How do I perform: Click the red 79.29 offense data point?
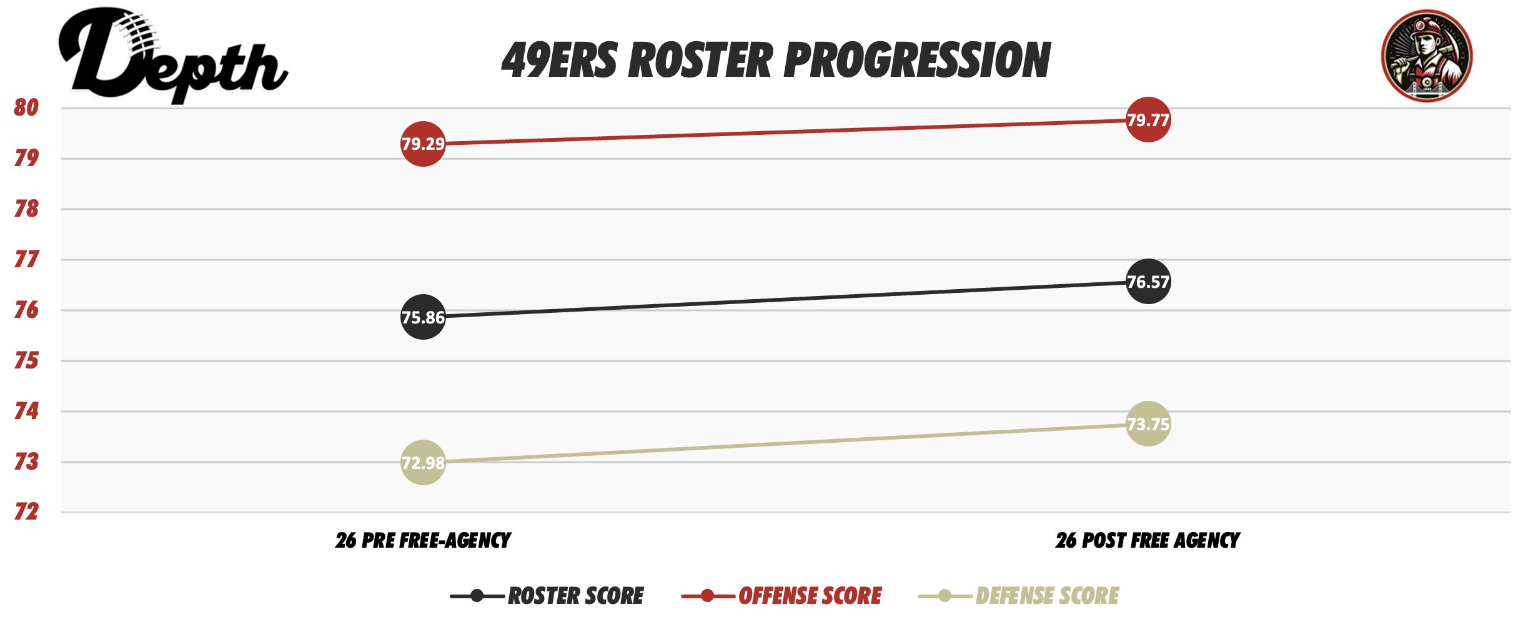[x=423, y=144]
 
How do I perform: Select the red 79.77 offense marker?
[x=1148, y=119]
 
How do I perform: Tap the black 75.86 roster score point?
[x=423, y=317]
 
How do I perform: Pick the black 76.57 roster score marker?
[x=1148, y=282]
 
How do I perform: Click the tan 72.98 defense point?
[x=423, y=463]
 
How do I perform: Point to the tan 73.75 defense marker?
[x=1148, y=424]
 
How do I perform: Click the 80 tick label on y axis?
[x=26, y=107]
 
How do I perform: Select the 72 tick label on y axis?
[x=26, y=511]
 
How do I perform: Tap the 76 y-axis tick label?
[x=26, y=310]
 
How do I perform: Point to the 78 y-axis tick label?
[x=26, y=209]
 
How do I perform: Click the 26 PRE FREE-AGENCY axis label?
[x=423, y=540]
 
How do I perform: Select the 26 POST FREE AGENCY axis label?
[x=1148, y=540]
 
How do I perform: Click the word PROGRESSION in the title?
[x=917, y=61]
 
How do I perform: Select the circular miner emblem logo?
[x=1426, y=56]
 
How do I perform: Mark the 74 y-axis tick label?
[x=26, y=411]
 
